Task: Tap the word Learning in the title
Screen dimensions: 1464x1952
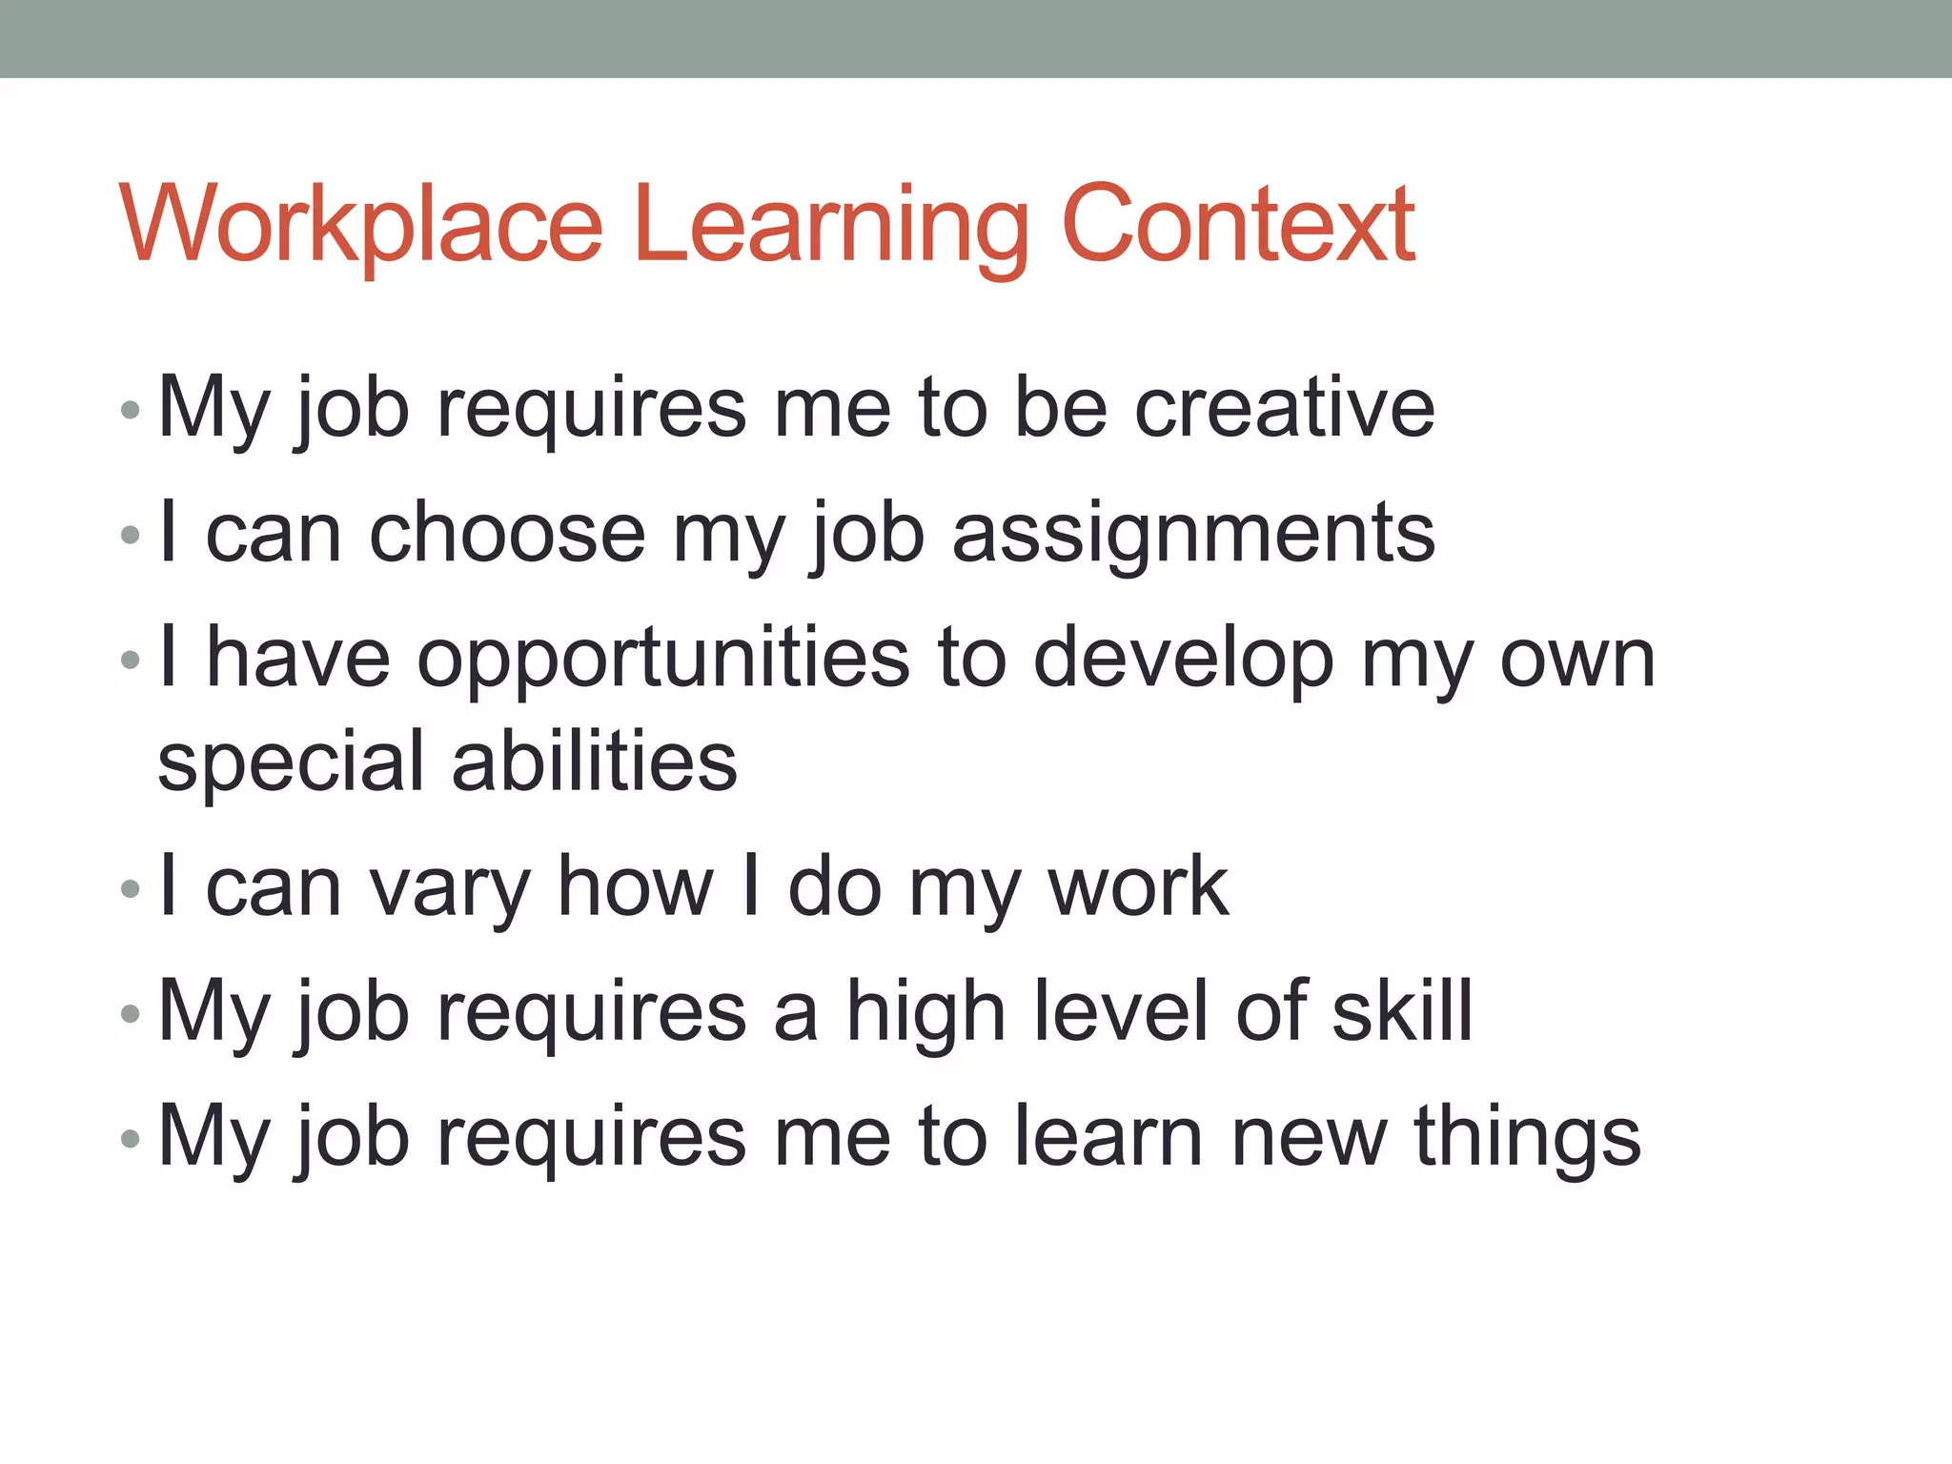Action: click(830, 229)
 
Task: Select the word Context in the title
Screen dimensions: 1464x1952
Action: click(1238, 224)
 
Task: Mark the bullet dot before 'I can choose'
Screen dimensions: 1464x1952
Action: click(131, 535)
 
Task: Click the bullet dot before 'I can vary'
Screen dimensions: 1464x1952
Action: click(131, 889)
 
